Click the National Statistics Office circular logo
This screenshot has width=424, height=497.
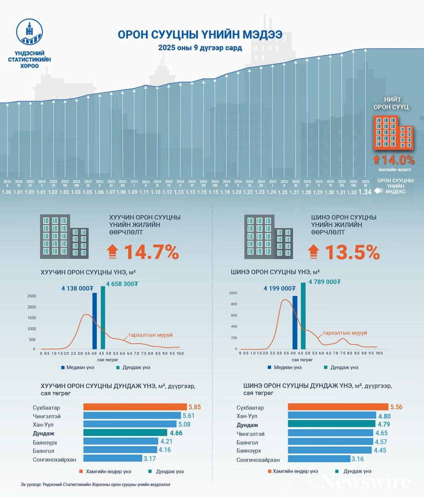coord(30,32)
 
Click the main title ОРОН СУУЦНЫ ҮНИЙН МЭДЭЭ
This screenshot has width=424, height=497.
coord(200,35)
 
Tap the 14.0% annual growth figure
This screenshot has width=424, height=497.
coord(398,160)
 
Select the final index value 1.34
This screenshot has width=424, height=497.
coord(365,192)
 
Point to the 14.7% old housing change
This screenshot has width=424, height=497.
coord(151,252)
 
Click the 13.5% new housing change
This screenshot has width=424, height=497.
coord(352,252)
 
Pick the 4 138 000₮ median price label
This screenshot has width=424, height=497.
coord(77,289)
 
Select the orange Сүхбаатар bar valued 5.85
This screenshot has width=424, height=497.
coord(135,407)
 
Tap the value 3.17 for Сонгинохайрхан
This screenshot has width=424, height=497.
coord(149,458)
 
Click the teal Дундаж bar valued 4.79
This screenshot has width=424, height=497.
coord(331,424)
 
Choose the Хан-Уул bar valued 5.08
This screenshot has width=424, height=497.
coord(130,424)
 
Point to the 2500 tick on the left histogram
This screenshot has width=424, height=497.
coord(31,296)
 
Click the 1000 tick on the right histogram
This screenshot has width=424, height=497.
coord(233,293)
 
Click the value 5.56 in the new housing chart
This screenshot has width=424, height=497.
coord(396,407)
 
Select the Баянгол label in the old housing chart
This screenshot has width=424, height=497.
coord(43,451)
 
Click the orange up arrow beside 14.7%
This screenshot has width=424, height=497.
coord(112,252)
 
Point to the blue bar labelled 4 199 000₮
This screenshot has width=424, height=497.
coord(295,322)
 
